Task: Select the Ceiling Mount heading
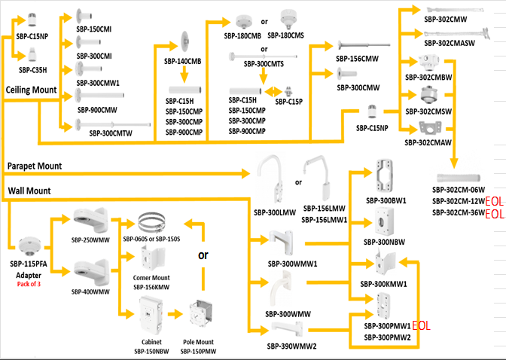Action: [32, 90]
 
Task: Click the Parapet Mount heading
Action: [34, 165]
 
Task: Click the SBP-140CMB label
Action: [184, 61]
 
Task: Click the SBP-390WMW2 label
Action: [291, 346]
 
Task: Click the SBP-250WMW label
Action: [91, 239]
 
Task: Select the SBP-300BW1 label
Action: [386, 200]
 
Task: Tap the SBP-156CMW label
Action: [357, 57]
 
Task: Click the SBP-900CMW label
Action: [100, 109]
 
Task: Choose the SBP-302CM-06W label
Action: [459, 190]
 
